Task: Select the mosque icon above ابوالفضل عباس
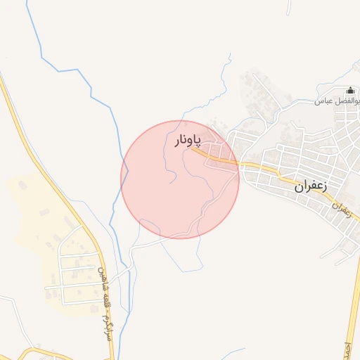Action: pos(350,91)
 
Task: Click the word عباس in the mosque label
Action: pos(323,101)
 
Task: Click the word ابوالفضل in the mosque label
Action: pos(347,101)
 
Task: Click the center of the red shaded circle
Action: pos(180,179)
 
